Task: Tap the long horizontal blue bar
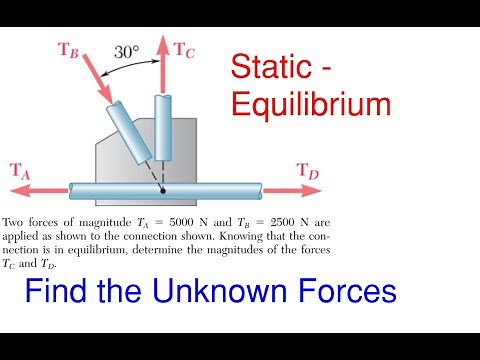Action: coord(165,189)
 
